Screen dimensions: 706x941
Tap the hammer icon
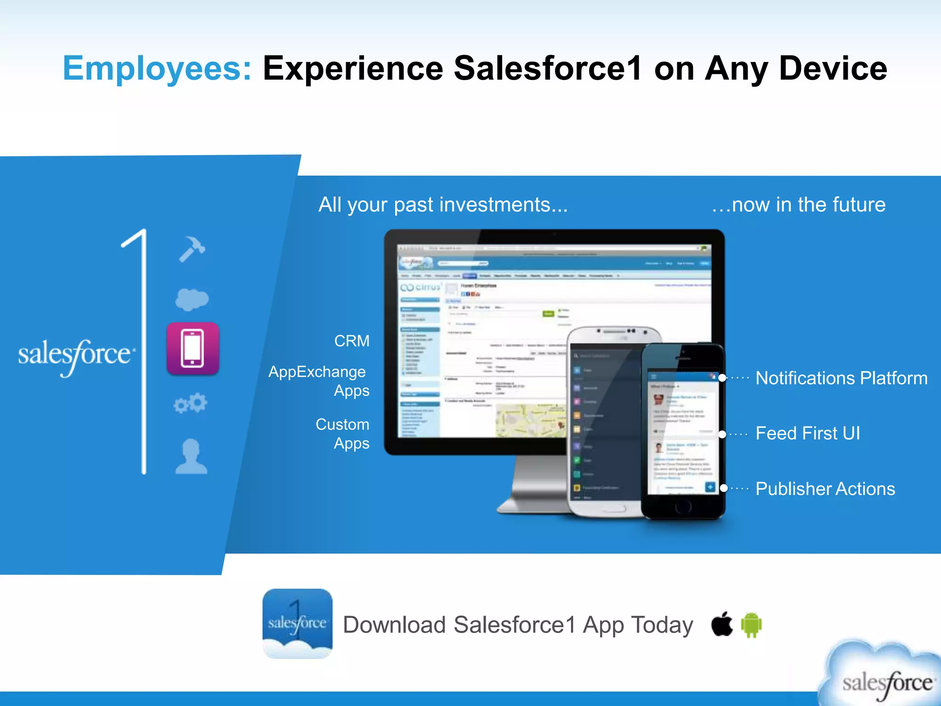point(192,249)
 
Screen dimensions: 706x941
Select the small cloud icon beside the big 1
point(192,299)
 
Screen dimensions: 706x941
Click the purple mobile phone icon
point(193,348)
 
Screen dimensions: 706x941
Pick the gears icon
point(191,403)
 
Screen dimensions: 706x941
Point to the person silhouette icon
point(191,456)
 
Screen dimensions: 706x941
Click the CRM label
point(351,341)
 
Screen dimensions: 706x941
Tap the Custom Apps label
point(342,433)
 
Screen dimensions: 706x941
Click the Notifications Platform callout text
point(841,378)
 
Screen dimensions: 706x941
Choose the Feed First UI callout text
point(808,433)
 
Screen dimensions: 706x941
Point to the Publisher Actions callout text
point(825,489)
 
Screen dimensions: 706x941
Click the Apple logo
point(722,624)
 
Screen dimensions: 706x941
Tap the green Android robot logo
point(752,625)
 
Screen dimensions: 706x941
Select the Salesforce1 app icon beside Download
point(297,623)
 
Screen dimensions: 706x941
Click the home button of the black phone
point(683,506)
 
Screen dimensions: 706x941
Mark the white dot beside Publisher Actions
point(724,488)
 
